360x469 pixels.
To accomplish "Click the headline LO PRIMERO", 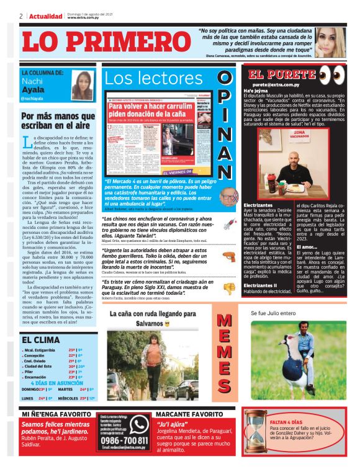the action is (x=106, y=42).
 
